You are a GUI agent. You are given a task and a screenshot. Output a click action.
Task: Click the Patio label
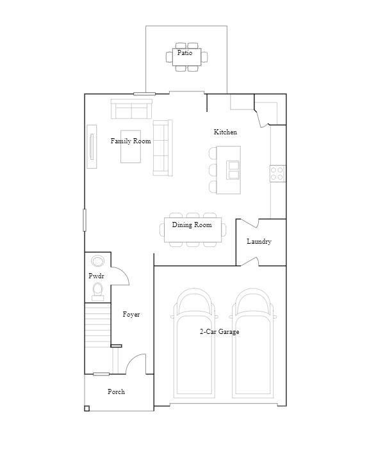click(184, 53)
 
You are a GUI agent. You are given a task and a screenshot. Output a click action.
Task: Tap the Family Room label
click(131, 141)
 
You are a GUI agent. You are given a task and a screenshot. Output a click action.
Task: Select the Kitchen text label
click(225, 132)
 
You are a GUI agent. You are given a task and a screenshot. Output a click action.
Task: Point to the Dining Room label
click(192, 225)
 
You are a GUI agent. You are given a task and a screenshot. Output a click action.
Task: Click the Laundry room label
click(259, 242)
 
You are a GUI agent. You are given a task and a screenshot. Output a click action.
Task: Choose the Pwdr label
click(96, 276)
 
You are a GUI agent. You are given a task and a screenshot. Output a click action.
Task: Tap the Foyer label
click(131, 315)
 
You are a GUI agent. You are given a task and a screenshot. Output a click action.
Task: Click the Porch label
click(116, 392)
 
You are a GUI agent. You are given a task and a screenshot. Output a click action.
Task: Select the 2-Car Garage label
click(220, 332)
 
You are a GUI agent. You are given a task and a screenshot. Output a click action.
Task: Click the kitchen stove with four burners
click(277, 173)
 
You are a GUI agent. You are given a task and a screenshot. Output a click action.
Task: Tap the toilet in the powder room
click(97, 292)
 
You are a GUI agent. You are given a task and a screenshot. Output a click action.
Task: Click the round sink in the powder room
click(97, 261)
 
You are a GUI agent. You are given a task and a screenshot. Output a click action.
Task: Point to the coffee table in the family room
click(131, 154)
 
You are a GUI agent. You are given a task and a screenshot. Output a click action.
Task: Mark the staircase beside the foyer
click(98, 326)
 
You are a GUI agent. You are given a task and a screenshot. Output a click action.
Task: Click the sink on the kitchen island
click(234, 170)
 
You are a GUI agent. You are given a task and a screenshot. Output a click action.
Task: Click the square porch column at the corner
click(87, 408)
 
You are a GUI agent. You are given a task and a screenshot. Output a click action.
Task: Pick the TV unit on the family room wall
click(92, 146)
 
